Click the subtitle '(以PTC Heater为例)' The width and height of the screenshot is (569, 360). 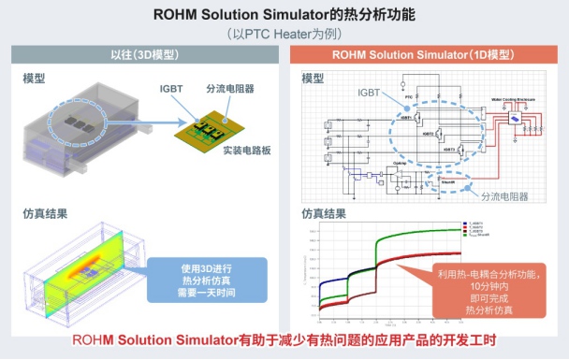point(284,33)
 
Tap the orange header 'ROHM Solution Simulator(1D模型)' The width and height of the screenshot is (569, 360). point(425,55)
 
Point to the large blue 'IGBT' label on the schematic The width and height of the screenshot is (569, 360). point(370,94)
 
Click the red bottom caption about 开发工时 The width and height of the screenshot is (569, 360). point(284,339)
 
